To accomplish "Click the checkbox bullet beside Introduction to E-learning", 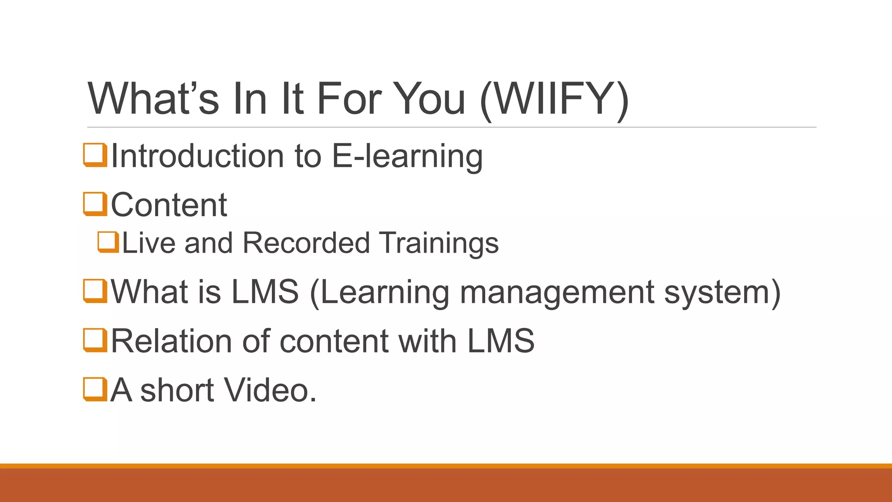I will [95, 155].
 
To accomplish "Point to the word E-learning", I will [407, 156].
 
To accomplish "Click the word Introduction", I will [197, 156].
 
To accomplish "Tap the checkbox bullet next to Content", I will [95, 204].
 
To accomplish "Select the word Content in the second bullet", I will [169, 204].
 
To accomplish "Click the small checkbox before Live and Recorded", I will [108, 242].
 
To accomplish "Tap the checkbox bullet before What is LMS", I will [95, 291].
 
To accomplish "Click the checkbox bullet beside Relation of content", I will [95, 340].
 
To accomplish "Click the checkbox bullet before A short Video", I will [95, 389].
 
